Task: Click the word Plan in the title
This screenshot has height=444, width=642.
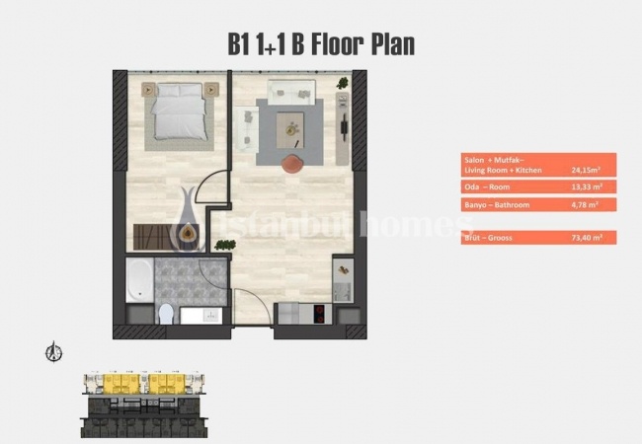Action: [380, 43]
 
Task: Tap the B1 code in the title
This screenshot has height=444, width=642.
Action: [243, 43]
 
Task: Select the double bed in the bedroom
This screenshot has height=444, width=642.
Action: [179, 111]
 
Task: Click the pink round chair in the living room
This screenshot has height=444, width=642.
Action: [291, 165]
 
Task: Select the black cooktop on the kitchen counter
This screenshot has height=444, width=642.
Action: [321, 315]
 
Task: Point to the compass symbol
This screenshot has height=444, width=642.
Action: [55, 351]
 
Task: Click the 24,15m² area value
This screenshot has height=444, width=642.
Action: [586, 169]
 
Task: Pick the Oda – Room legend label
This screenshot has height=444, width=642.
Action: [488, 186]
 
